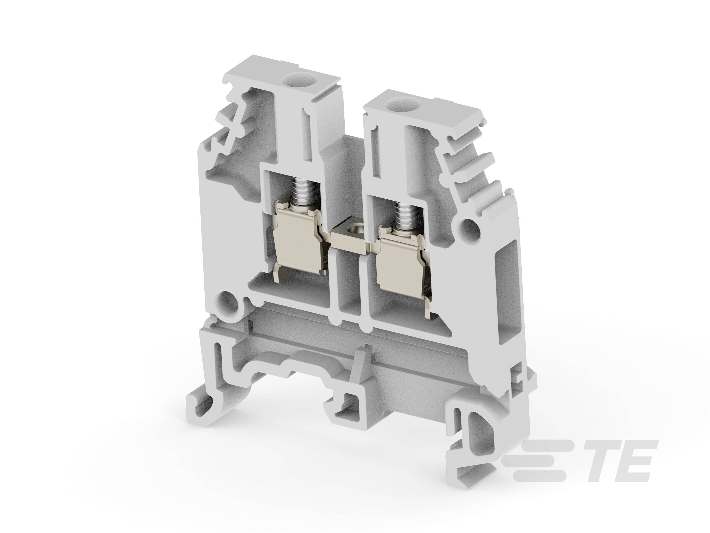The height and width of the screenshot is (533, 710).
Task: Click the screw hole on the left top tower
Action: pos(296,78)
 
